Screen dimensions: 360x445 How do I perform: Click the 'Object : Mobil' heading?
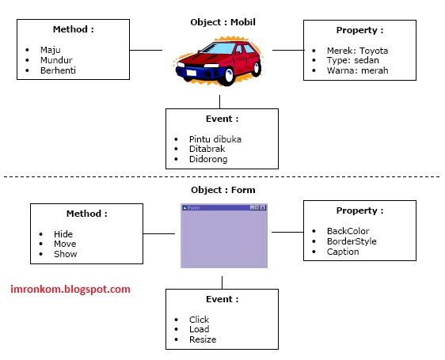[223, 22]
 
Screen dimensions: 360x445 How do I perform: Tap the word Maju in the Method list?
[50, 50]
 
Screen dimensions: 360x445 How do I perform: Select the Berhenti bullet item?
[58, 70]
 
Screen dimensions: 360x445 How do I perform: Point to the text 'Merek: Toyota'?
[358, 51]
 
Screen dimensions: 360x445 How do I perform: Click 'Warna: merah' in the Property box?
[358, 71]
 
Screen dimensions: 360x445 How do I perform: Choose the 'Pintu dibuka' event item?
[215, 138]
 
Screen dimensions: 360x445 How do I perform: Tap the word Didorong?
[208, 159]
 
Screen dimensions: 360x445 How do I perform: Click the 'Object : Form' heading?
[222, 190]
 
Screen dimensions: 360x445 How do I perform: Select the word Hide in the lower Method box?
[63, 234]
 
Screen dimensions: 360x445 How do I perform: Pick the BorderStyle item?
[352, 241]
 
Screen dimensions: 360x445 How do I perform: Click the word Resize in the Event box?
[203, 339]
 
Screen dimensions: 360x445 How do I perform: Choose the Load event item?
[199, 329]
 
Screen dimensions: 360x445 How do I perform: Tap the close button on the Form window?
[263, 207]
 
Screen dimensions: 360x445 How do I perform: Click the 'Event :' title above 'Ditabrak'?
[222, 119]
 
